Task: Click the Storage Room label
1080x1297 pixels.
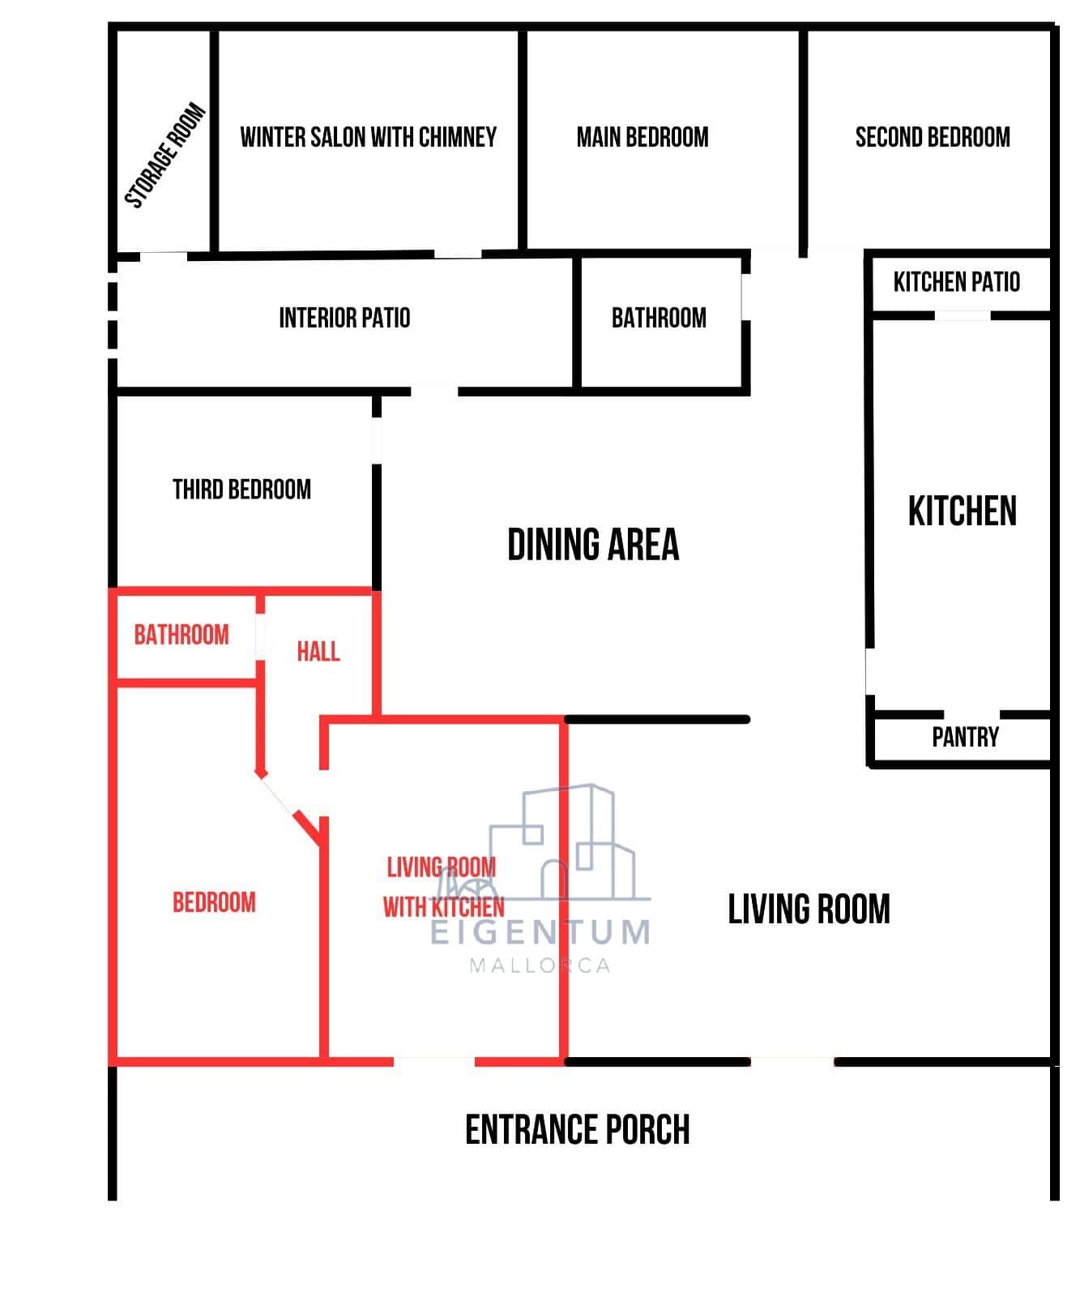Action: (165, 156)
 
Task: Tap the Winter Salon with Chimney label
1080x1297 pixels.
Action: (369, 137)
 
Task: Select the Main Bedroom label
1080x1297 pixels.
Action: (642, 137)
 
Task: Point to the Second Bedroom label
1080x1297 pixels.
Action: (933, 137)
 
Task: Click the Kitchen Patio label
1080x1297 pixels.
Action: (957, 282)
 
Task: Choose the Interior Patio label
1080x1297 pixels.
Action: (344, 318)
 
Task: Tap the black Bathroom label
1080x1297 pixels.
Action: (659, 318)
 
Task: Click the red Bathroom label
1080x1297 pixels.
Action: (181, 635)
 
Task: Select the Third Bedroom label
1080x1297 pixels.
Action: (241, 490)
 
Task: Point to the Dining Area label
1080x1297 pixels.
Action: (593, 544)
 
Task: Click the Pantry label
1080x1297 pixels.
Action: (965, 737)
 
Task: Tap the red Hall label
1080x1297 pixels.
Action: (318, 652)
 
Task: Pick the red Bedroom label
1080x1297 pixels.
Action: (214, 902)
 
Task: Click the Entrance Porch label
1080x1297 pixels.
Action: (577, 1129)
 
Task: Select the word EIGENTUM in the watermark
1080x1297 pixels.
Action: (540, 932)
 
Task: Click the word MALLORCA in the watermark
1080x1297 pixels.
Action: (540, 965)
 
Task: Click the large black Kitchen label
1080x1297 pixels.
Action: (962, 512)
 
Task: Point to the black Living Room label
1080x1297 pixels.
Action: (809, 909)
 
